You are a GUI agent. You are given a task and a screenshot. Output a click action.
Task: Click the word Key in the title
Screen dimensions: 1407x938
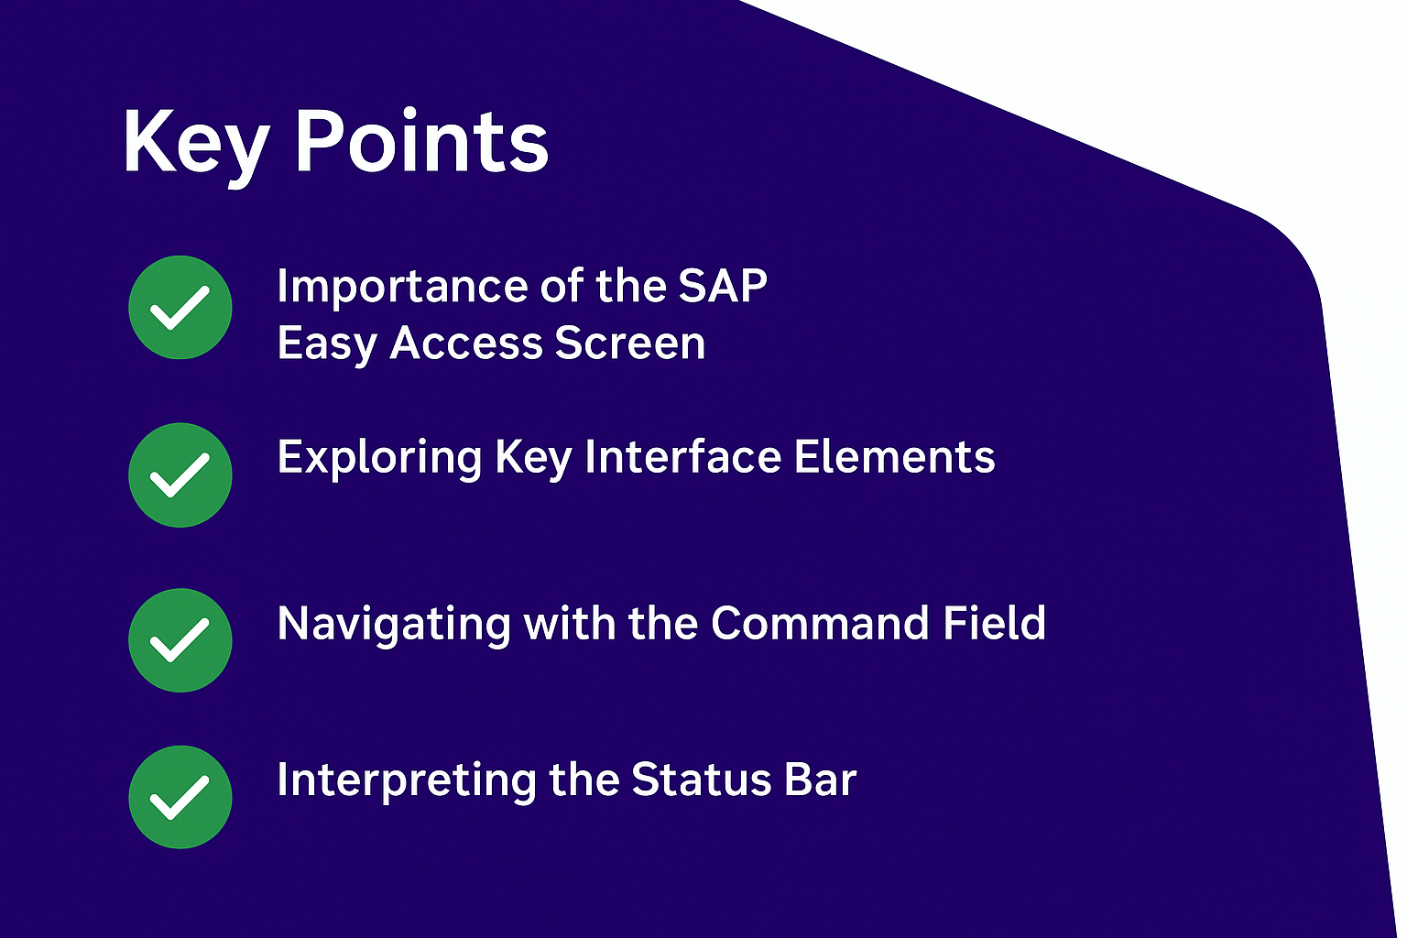pyautogui.click(x=197, y=147)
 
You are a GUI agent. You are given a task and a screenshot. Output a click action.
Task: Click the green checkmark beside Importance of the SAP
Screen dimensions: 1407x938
pyautogui.click(x=180, y=307)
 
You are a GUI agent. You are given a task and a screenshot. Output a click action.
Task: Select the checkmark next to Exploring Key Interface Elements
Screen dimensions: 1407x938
pyautogui.click(x=180, y=475)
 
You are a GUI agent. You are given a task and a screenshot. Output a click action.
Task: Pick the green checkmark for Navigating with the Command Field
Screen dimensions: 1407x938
pyautogui.click(x=180, y=640)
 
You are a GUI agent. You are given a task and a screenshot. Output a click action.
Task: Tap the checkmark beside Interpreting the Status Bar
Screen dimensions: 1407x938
pyautogui.click(x=180, y=797)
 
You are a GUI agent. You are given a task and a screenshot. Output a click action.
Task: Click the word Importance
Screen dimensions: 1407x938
pyautogui.click(x=403, y=289)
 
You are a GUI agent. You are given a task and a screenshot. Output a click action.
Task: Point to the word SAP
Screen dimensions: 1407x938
pyautogui.click(x=723, y=286)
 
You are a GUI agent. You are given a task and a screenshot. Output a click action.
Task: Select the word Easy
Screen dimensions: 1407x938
pyautogui.click(x=327, y=345)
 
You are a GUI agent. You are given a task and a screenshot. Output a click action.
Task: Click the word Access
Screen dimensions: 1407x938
pyautogui.click(x=466, y=343)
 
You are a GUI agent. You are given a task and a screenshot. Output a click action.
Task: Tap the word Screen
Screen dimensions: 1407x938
pyautogui.click(x=630, y=343)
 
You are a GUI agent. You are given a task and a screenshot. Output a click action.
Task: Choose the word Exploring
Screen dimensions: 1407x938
pyautogui.click(x=379, y=459)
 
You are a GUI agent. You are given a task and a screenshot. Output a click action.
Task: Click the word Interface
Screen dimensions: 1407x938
pyautogui.click(x=683, y=456)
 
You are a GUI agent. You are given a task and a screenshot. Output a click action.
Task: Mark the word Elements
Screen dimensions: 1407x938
pyautogui.click(x=894, y=456)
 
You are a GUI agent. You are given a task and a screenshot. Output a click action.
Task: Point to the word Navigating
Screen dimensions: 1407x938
pyautogui.click(x=394, y=626)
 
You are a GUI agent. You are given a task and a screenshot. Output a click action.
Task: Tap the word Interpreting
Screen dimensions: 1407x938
pyautogui.click(x=407, y=782)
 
